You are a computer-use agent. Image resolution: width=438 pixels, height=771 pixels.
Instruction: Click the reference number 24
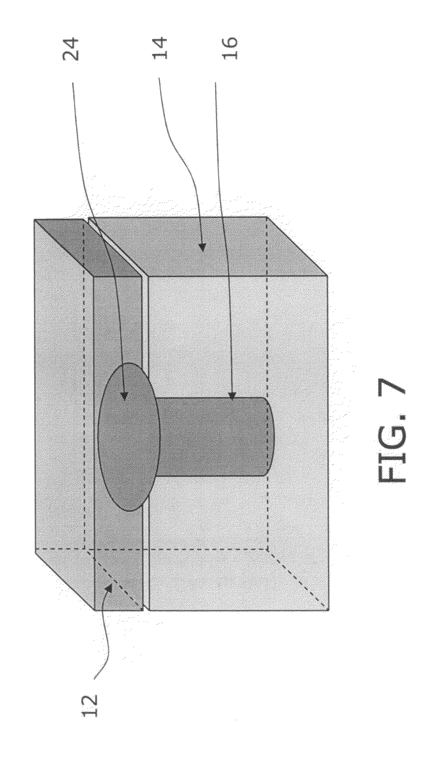tap(71, 50)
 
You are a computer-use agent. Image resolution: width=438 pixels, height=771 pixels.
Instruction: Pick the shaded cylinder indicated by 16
tap(214, 436)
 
